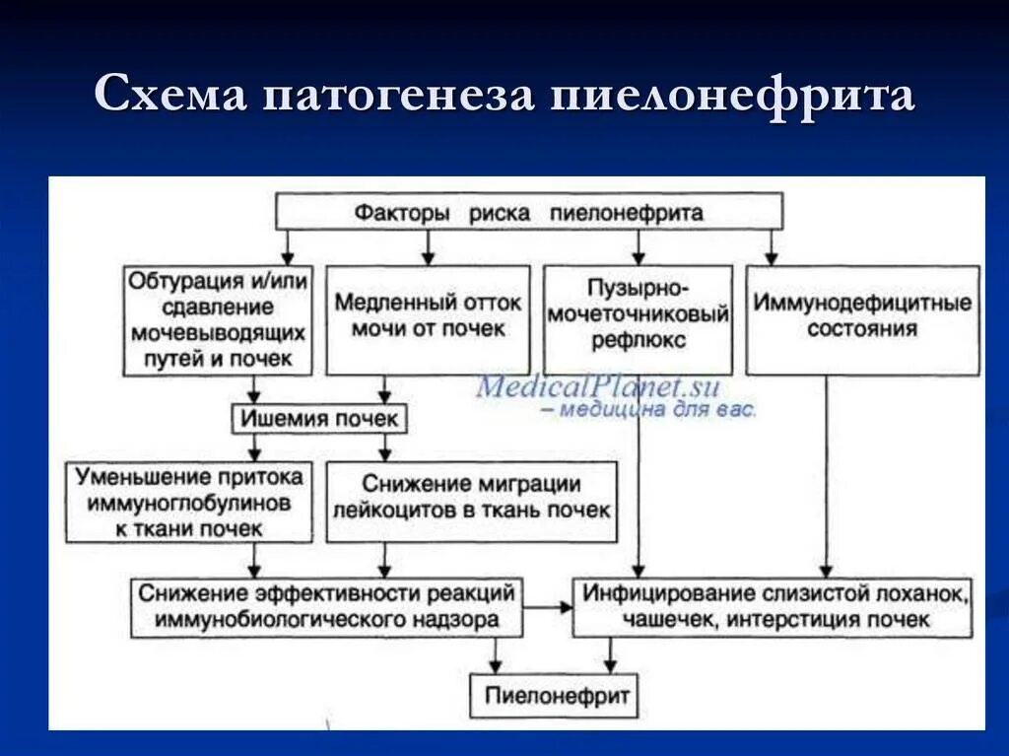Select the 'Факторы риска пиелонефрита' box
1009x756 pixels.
(529, 212)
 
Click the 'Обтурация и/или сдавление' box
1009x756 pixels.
(218, 319)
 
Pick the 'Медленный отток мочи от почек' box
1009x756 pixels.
(429, 319)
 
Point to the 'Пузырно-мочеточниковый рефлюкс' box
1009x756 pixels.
(638, 319)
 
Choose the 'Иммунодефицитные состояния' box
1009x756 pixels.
(862, 319)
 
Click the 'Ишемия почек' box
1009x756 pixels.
(319, 419)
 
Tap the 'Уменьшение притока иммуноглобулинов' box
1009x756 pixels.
(189, 503)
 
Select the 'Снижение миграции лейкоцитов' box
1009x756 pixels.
(471, 498)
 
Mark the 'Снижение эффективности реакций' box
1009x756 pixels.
(327, 607)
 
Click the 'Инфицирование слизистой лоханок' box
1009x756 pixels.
(774, 607)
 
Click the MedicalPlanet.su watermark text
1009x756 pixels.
(598, 385)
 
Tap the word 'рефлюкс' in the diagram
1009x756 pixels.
(638, 341)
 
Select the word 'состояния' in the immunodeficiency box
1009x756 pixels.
(862, 329)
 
